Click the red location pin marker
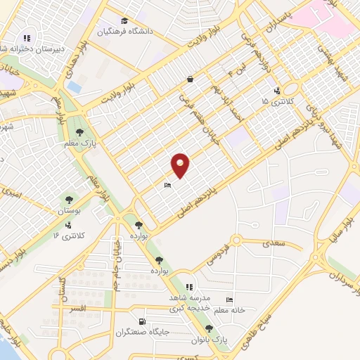pos(181,165)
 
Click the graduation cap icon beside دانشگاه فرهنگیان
pos(124,20)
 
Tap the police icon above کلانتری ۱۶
pos(68,226)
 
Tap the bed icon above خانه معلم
pos(229,299)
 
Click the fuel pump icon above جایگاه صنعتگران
pos(134,322)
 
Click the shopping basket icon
pos(189,79)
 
